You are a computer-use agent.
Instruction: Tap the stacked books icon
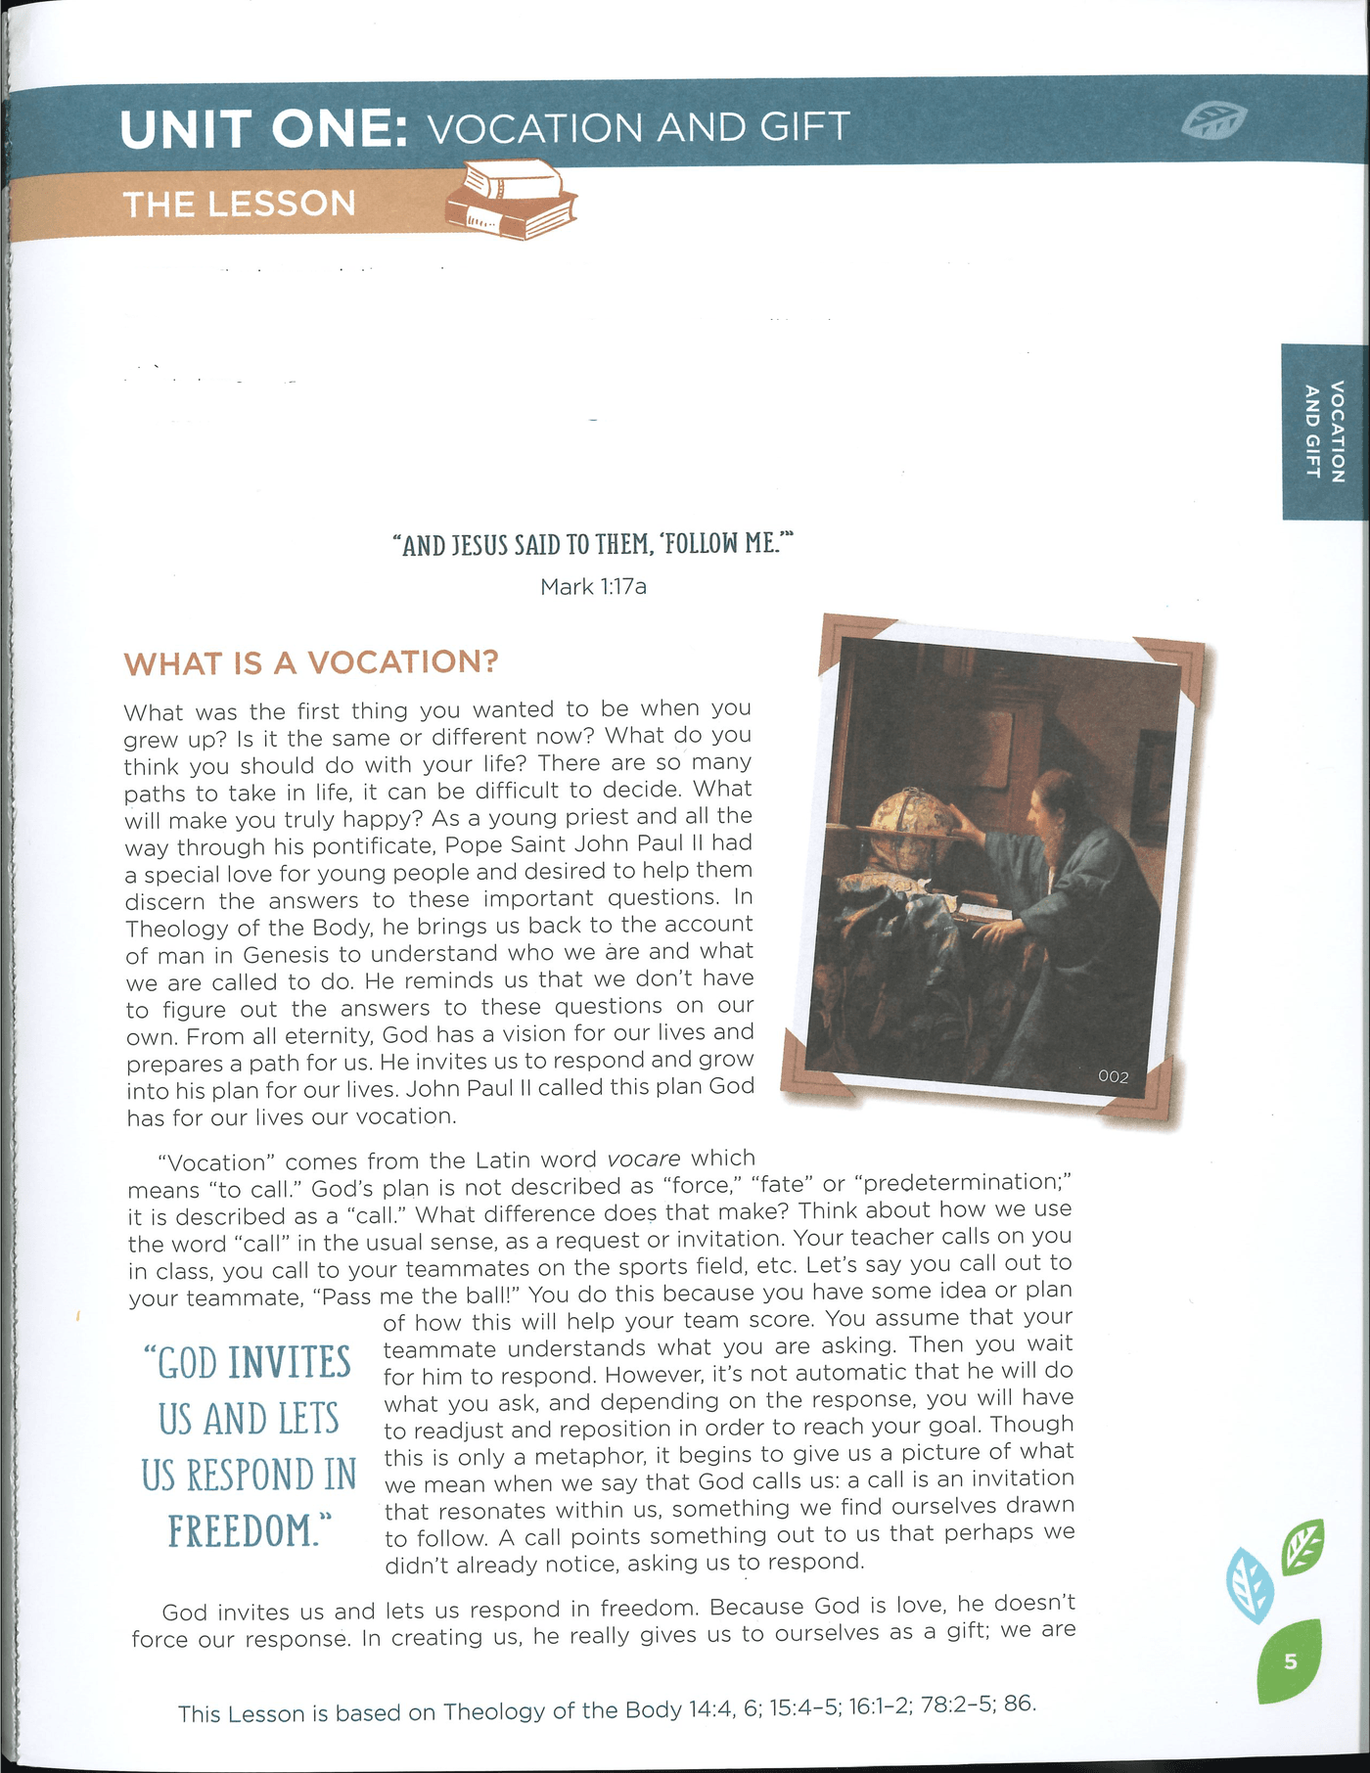point(511,200)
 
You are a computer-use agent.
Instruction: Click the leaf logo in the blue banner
point(1213,121)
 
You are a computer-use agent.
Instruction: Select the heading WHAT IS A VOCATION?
point(311,662)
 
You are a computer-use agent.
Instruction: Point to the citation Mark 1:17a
point(593,587)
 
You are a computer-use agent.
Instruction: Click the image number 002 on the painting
point(1114,1076)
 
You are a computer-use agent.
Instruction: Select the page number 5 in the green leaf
point(1290,1660)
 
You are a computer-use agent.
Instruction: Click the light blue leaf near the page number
point(1251,1585)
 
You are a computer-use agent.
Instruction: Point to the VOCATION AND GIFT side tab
point(1325,431)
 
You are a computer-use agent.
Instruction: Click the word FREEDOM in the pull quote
point(243,1531)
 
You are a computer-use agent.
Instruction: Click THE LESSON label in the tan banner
point(239,205)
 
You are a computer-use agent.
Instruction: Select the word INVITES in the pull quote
point(290,1363)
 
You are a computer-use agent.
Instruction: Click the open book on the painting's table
point(986,912)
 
